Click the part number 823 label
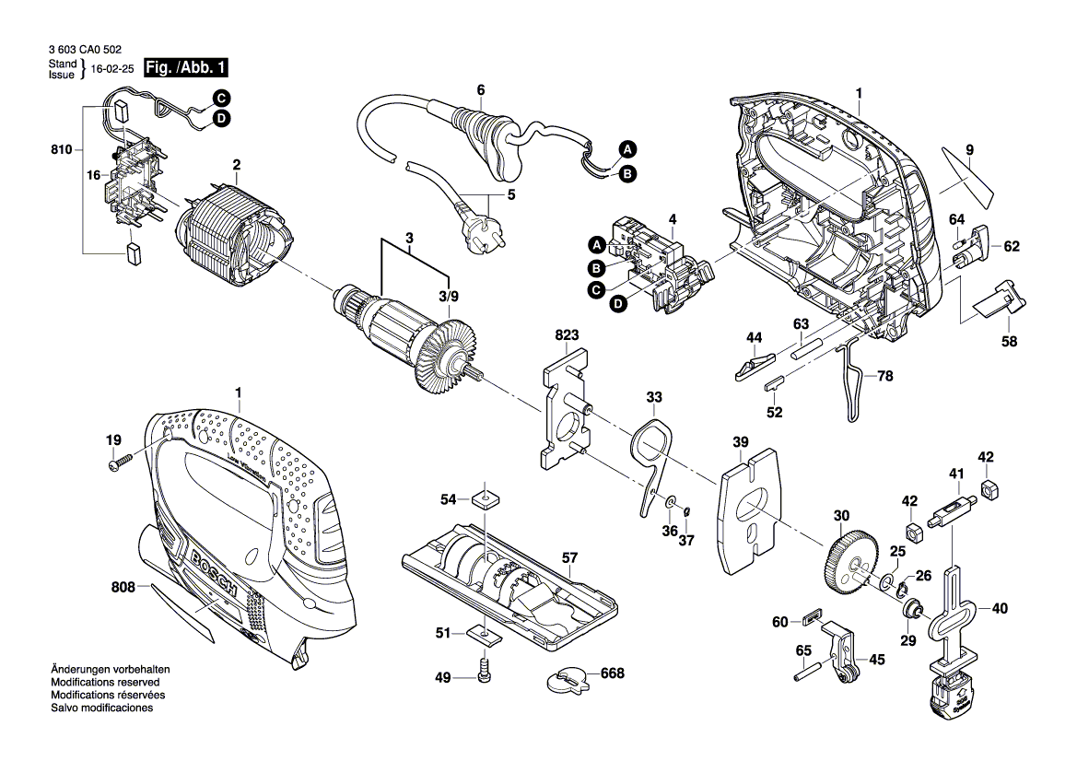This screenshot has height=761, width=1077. tap(567, 335)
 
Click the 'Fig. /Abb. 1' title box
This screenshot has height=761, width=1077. tap(185, 68)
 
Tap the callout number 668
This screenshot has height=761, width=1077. tap(612, 673)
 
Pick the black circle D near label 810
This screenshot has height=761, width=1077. tap(221, 119)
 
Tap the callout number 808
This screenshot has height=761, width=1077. tap(123, 587)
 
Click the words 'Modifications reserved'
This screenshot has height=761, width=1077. tap(105, 682)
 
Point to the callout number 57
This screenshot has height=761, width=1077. tap(570, 558)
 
